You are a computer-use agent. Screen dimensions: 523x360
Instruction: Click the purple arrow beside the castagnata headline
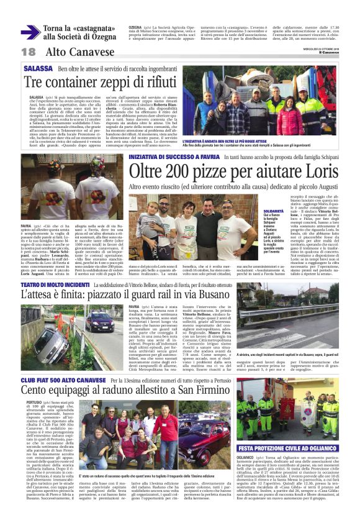pyautogui.click(x=30, y=32)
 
